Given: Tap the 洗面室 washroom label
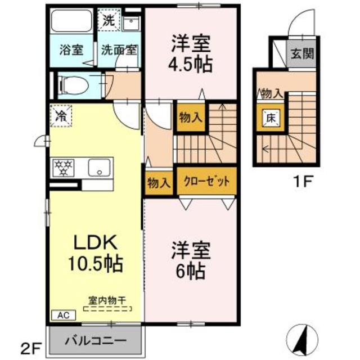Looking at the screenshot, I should pos(119,49).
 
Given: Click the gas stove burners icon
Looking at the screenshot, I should pos(64,167).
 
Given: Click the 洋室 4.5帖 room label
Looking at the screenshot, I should pos(191,54).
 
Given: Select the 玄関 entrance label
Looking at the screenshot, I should pos(301,54).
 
